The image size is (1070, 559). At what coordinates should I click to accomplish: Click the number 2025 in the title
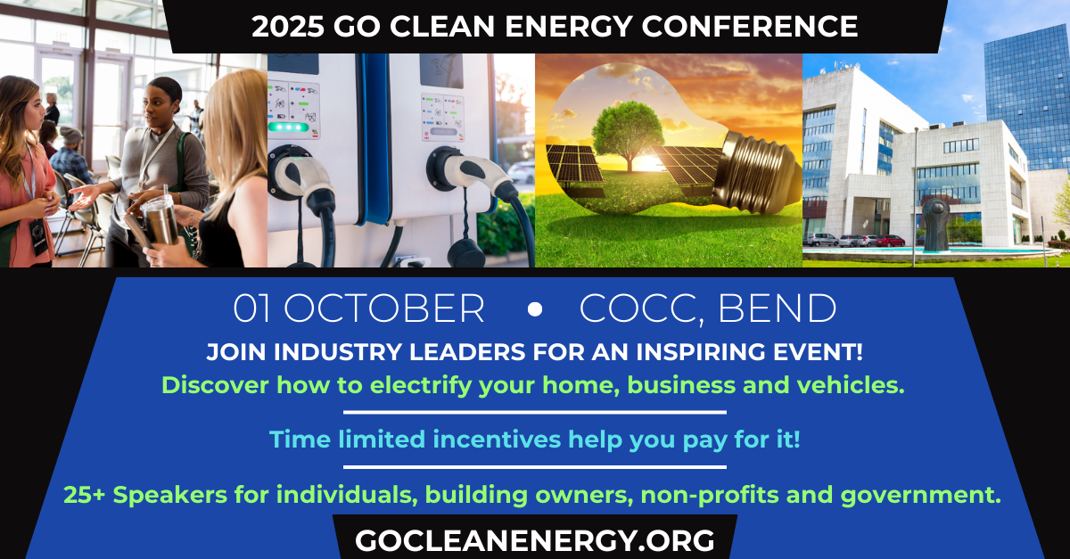click(x=287, y=26)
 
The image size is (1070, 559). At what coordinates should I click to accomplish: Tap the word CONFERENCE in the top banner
click(x=750, y=26)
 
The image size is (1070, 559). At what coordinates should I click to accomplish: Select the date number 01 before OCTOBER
click(x=251, y=308)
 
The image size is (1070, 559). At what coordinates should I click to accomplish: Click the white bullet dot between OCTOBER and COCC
click(x=535, y=309)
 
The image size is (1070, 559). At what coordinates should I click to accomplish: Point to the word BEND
click(x=778, y=308)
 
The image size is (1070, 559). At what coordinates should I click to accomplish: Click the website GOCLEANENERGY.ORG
click(x=534, y=540)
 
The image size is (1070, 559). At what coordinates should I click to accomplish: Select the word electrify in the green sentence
click(x=420, y=385)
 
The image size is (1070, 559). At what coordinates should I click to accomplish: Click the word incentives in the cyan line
click(x=497, y=439)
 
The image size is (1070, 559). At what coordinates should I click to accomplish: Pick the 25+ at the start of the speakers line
click(x=84, y=495)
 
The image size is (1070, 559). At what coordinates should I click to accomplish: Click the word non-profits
click(x=710, y=495)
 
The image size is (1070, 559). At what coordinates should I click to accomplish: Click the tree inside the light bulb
click(x=628, y=135)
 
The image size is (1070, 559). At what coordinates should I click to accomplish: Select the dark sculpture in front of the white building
click(x=934, y=224)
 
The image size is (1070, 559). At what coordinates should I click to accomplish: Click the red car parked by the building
click(x=890, y=241)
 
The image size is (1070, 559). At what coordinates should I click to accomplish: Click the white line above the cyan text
click(x=535, y=412)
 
